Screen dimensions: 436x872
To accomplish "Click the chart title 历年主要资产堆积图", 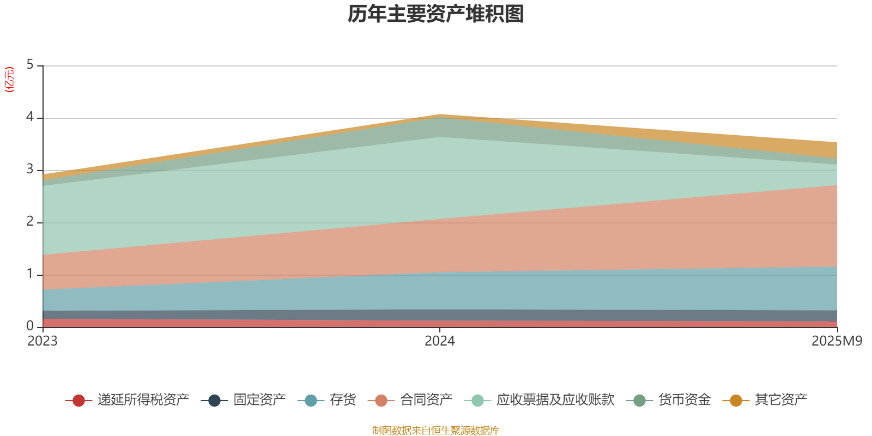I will tap(436, 15).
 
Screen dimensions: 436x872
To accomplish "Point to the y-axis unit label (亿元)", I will tap(9, 80).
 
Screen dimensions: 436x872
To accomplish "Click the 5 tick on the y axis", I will tap(30, 65).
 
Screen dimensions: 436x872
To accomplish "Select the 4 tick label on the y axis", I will tap(30, 117).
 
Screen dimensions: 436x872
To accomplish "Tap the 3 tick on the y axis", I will tap(30, 169).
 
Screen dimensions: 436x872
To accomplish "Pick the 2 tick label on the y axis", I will tap(30, 222).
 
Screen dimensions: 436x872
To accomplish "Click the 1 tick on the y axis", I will tap(30, 274).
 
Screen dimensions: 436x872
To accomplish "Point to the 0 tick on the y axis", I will tap(30, 326).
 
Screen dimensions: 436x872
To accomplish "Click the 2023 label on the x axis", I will tap(43, 341).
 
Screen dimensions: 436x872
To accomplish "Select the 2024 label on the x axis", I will tap(440, 341).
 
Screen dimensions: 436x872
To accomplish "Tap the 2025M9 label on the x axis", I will tap(837, 341).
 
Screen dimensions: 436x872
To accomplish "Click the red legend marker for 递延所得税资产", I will tap(78, 401).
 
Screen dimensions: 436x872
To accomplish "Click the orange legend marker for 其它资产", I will tap(736, 401).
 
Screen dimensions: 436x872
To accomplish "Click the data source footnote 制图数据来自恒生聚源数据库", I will tap(436, 431).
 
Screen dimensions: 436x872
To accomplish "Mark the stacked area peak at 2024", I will tap(440, 114).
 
